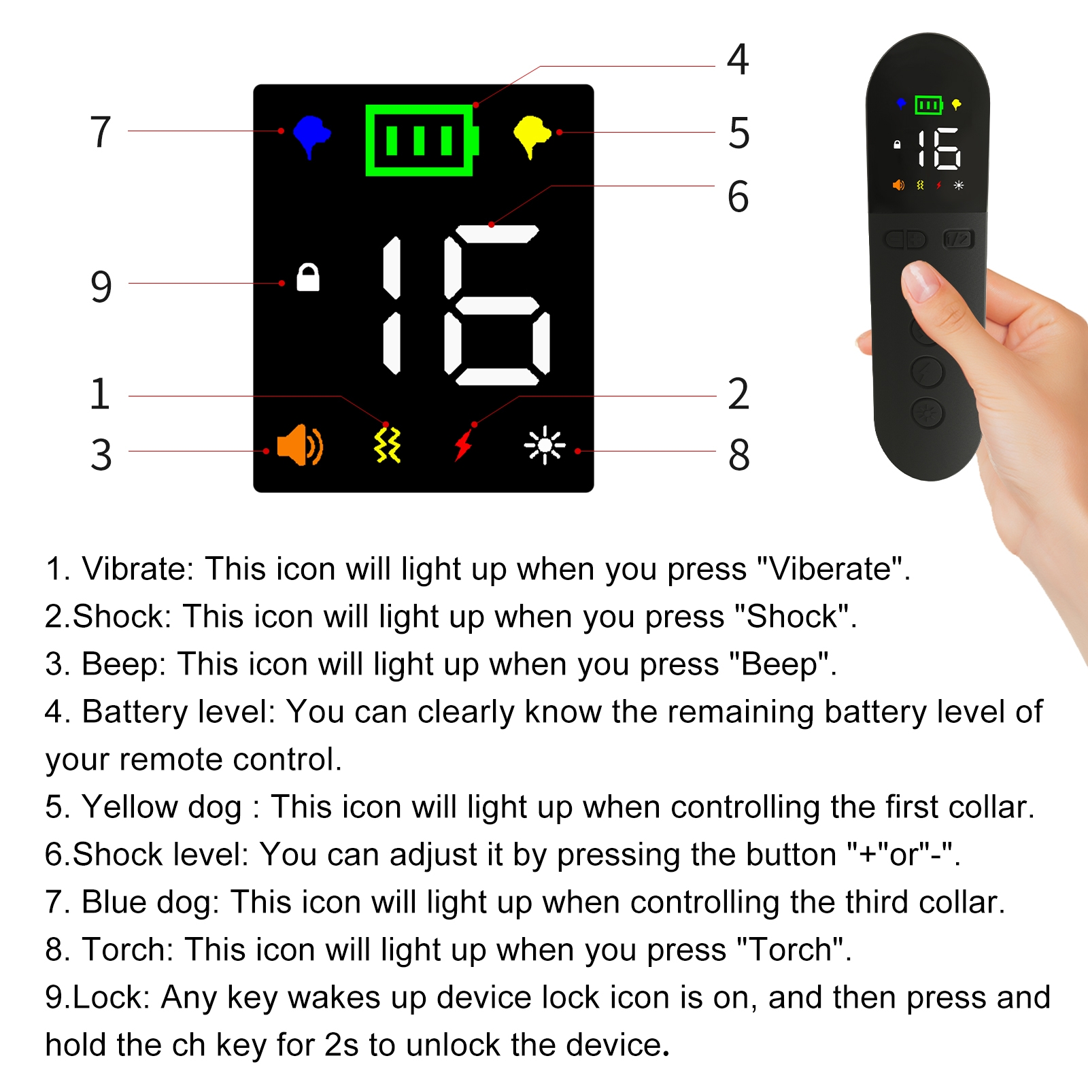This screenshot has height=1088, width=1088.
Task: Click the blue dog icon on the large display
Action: (x=311, y=136)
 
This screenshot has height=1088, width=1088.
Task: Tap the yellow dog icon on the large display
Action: (x=532, y=136)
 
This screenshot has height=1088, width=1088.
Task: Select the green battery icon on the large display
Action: (x=422, y=140)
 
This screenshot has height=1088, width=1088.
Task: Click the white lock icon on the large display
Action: (x=308, y=277)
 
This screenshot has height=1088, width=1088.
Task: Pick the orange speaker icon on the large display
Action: (x=300, y=445)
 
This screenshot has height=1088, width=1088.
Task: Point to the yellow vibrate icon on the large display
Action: (x=388, y=445)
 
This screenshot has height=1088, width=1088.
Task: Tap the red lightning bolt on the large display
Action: (x=464, y=445)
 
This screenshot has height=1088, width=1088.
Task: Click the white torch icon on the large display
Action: (x=545, y=445)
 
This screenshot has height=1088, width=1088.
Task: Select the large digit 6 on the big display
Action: (x=497, y=305)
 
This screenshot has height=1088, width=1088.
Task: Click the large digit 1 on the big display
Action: (x=392, y=305)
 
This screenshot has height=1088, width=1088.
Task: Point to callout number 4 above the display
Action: (x=738, y=59)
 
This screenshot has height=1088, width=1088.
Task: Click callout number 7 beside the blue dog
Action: (x=101, y=131)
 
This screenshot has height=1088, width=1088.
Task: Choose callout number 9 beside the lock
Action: (x=101, y=286)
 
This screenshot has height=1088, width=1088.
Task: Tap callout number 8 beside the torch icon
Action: (x=739, y=455)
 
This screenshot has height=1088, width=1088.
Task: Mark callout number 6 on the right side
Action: (x=738, y=197)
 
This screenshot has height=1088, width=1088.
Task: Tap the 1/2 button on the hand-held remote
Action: (x=959, y=239)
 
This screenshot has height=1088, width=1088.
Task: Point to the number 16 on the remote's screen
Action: (x=938, y=148)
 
